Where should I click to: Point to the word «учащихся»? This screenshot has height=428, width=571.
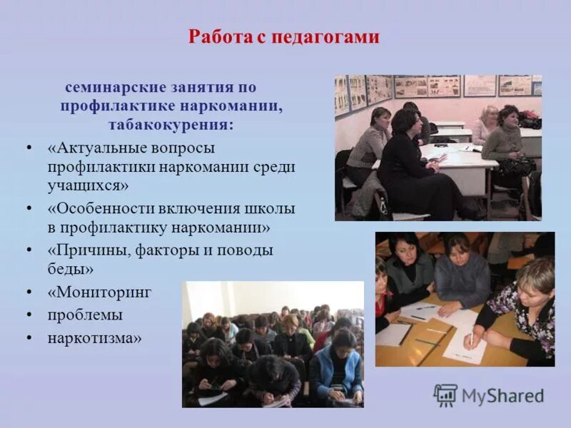tap(86, 186)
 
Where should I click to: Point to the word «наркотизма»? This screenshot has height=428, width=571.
tap(93, 337)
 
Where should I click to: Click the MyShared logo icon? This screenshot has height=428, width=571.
tap(446, 395)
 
